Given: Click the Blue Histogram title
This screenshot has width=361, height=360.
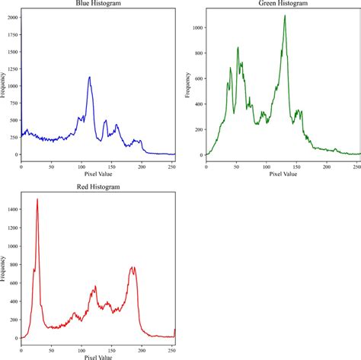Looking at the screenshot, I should point(97,4).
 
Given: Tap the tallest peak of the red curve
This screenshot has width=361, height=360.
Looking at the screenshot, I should point(37,199).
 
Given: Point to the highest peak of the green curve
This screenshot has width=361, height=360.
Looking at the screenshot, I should point(284,16).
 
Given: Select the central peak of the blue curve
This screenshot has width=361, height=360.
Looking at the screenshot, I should point(89,77).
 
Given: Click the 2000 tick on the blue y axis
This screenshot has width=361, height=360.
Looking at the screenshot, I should point(10,17).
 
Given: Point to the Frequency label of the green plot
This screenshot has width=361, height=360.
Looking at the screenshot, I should point(186,83).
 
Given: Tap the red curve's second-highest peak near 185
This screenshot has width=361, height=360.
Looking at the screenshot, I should point(133,267).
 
